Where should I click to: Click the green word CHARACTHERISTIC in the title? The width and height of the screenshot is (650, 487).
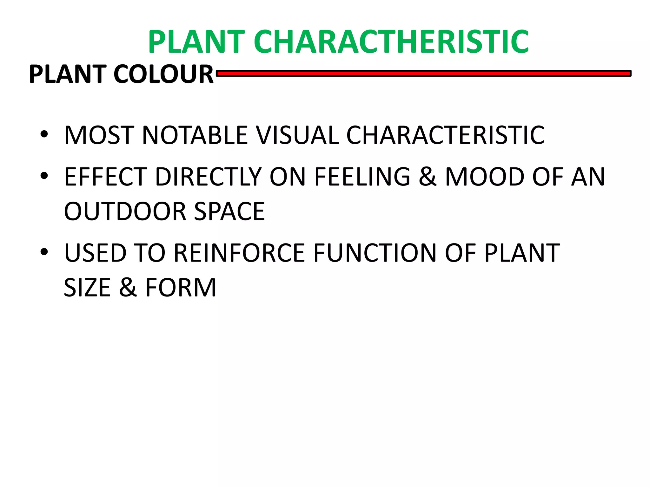coord(391,42)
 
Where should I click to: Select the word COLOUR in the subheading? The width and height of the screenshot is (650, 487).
coord(163,74)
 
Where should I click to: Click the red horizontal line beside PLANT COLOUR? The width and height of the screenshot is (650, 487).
coord(423,74)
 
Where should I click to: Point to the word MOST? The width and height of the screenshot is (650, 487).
coord(99,135)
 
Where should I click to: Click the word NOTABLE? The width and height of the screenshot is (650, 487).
coord(195,135)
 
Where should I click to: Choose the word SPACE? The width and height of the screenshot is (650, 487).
coord(229,211)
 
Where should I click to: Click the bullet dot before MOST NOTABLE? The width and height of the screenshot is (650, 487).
coord(44,134)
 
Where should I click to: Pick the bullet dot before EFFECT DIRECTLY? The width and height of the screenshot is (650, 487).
coord(44,176)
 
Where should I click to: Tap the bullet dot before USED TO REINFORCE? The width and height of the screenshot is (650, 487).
coord(44,252)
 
